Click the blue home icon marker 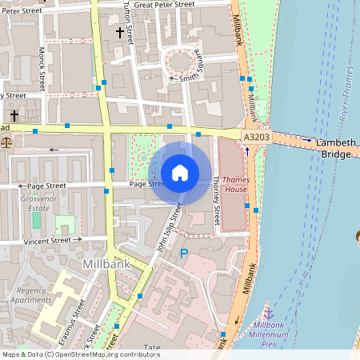(x=180, y=172)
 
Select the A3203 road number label (x=256, y=138)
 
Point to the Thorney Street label (x=216, y=200)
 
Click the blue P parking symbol (x=183, y=254)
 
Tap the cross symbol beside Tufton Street (x=121, y=33)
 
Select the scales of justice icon (x=7, y=142)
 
